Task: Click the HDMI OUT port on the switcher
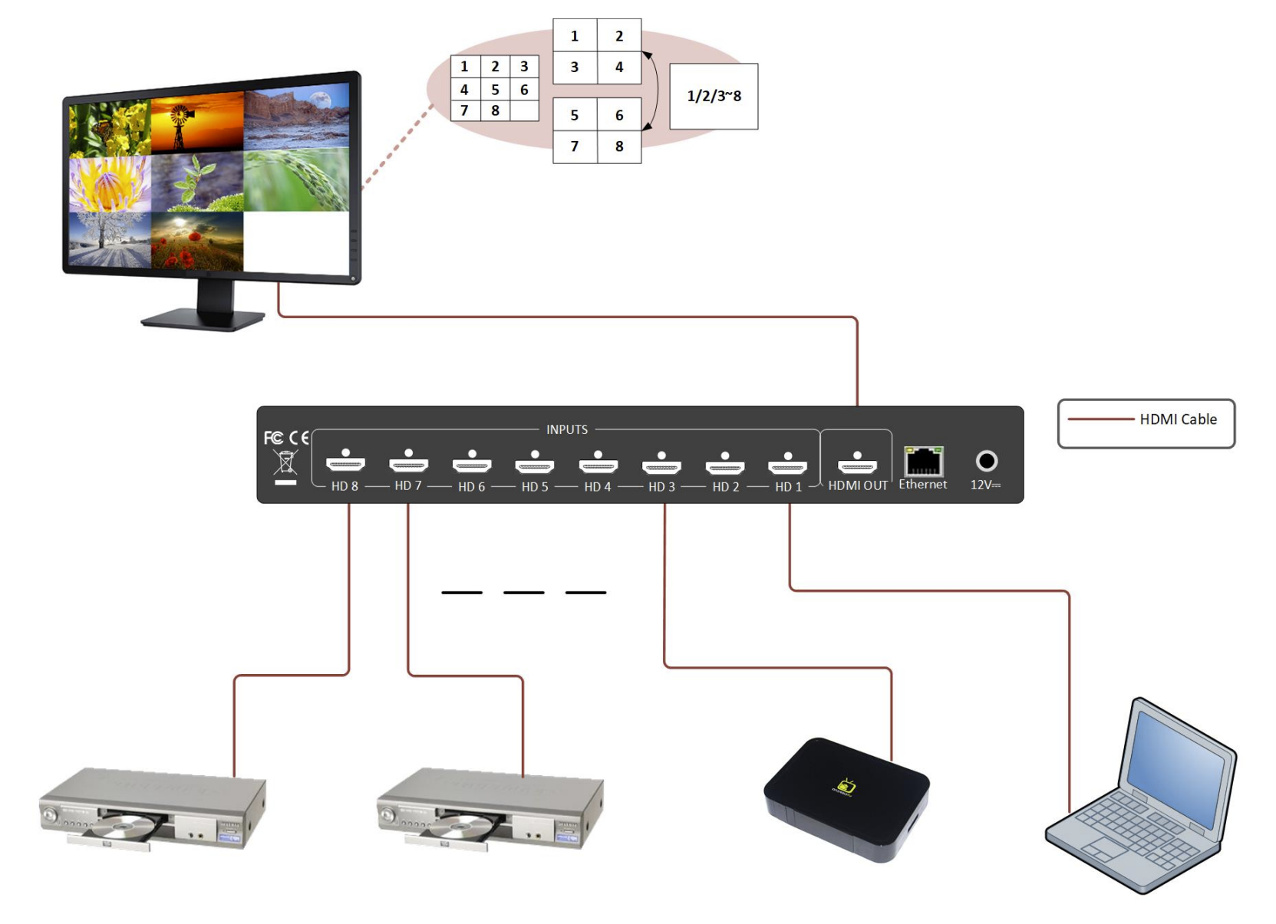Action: pos(857,463)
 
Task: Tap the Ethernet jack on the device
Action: pos(923,462)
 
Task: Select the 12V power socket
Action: pos(986,461)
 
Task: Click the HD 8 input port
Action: pos(345,462)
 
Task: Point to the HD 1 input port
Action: pos(787,463)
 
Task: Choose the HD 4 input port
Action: pos(598,463)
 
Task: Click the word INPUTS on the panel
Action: pos(567,429)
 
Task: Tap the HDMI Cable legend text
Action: pos(1178,419)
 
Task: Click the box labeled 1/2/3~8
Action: pos(714,96)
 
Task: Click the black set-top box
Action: pos(846,798)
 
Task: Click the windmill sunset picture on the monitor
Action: pos(197,123)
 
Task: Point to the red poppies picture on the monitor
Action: pos(197,239)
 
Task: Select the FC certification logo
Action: pos(273,438)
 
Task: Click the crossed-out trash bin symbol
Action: pos(285,462)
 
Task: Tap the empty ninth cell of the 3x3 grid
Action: pos(524,111)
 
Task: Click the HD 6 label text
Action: pos(471,487)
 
